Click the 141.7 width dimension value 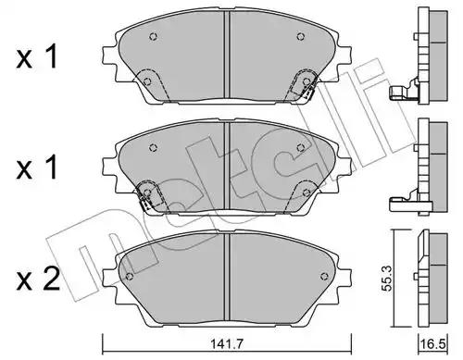[x=227, y=343]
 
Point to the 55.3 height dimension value [x=386, y=279]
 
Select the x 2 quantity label [x=38, y=279]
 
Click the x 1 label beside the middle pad [x=37, y=168]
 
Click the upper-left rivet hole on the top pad [x=154, y=36]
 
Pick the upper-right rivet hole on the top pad [x=300, y=36]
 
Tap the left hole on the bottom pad [x=130, y=276]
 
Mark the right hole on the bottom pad [x=324, y=276]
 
